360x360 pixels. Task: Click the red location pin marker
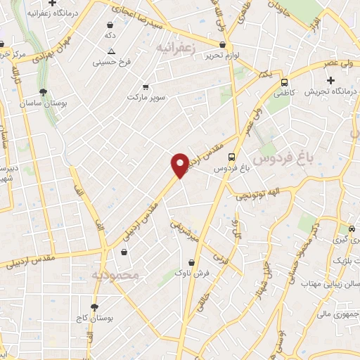[x=180, y=165]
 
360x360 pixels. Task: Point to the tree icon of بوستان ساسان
[x=44, y=92]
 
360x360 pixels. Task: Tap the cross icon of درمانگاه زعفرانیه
[x=72, y=4]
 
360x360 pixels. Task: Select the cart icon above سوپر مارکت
[x=145, y=87]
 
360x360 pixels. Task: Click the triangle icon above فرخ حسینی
[x=111, y=51]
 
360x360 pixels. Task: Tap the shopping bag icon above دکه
[x=110, y=24]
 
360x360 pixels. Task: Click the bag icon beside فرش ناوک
[x=180, y=260]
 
